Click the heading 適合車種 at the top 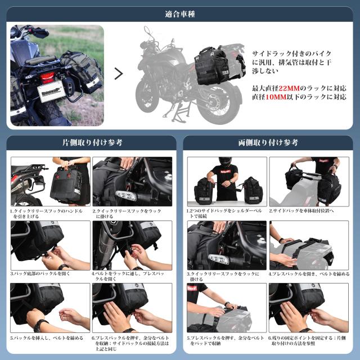pyautogui.click(x=179, y=13)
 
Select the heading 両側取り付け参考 pyautogui.click(x=268, y=142)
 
